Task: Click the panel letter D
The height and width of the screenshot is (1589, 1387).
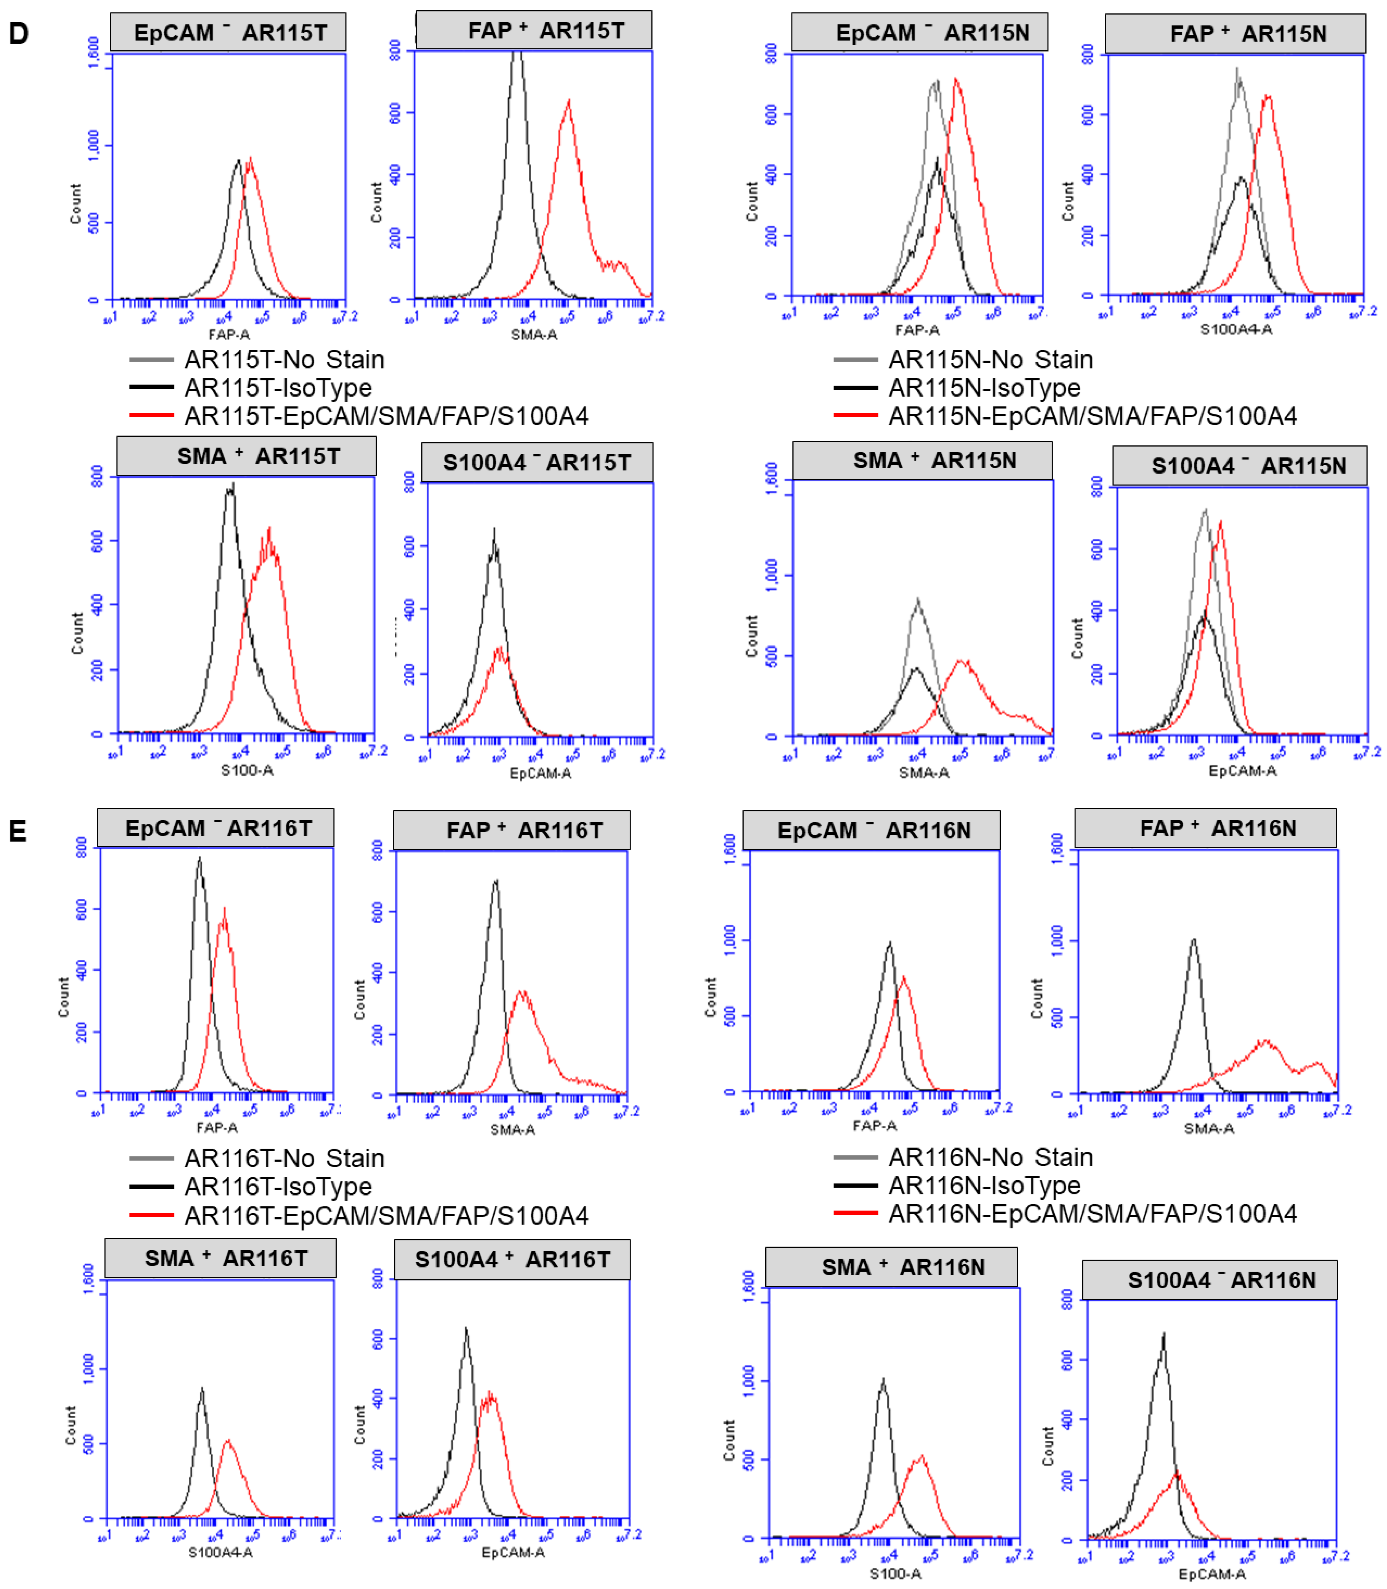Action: (x=18, y=33)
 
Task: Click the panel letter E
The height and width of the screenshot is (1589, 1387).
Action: (x=17, y=831)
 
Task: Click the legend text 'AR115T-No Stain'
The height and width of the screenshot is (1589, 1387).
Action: (x=284, y=360)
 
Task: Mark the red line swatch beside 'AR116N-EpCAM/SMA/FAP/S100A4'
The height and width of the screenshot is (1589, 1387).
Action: (x=855, y=1213)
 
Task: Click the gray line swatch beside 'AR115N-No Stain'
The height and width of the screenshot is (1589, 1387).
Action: (x=855, y=360)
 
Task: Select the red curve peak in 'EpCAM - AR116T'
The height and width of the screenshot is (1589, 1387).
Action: (x=225, y=910)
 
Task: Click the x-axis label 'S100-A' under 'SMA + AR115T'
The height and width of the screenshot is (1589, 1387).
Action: (x=247, y=770)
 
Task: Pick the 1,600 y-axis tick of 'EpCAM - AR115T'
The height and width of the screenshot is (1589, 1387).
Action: (x=94, y=53)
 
